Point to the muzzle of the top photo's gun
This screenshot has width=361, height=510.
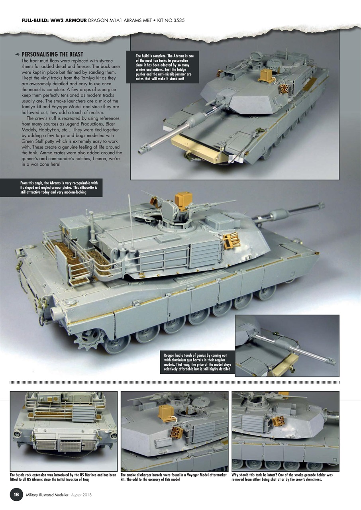(x=141, y=151)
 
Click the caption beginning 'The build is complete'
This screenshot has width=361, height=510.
(x=163, y=67)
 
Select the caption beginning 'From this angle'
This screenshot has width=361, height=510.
(x=60, y=187)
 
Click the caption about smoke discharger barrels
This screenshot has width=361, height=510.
(x=174, y=477)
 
